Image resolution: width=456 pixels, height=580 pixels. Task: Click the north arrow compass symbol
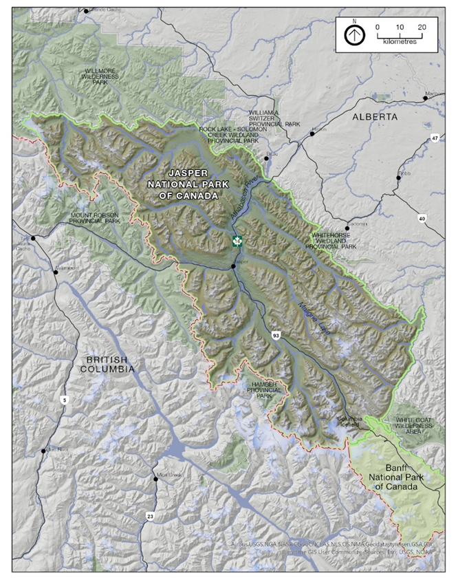(x=354, y=34)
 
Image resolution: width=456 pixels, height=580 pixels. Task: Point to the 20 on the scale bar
(x=422, y=26)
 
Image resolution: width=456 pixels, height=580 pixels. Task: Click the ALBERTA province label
(x=375, y=118)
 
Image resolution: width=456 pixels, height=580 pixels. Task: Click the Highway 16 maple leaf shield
(x=237, y=241)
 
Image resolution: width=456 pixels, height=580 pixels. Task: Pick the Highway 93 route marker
(x=275, y=334)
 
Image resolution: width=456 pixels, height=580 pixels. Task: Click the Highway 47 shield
(x=435, y=138)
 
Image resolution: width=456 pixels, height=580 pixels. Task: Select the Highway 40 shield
(x=421, y=218)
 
